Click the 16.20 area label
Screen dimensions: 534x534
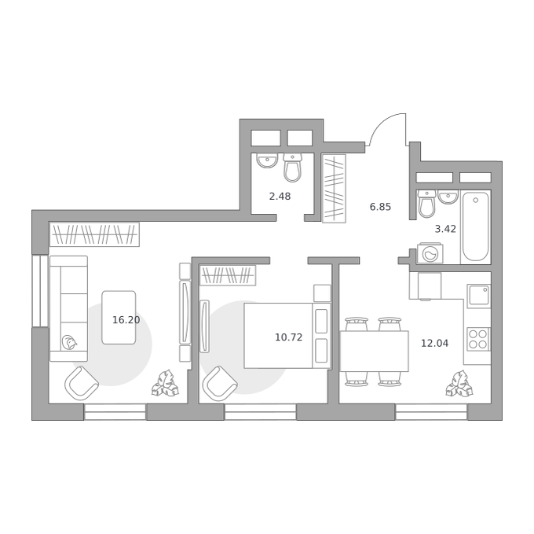(126, 320)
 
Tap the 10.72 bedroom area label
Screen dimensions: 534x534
(288, 337)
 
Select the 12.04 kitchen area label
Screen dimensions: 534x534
(434, 343)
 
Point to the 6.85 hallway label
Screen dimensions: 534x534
(380, 207)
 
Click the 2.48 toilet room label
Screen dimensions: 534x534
(280, 197)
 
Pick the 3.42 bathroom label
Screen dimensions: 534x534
(445, 229)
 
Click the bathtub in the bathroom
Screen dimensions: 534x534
(475, 226)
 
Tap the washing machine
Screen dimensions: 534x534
(430, 253)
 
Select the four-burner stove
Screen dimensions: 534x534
(478, 339)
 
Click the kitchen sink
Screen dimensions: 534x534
(478, 296)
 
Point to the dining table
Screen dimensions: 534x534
(375, 352)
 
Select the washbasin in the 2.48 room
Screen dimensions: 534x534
(267, 160)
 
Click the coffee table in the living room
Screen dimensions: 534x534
(119, 318)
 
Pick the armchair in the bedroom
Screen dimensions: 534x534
(220, 383)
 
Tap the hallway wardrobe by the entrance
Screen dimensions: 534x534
(334, 189)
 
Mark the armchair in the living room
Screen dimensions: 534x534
(82, 382)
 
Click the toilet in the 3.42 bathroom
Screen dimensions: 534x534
(426, 204)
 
